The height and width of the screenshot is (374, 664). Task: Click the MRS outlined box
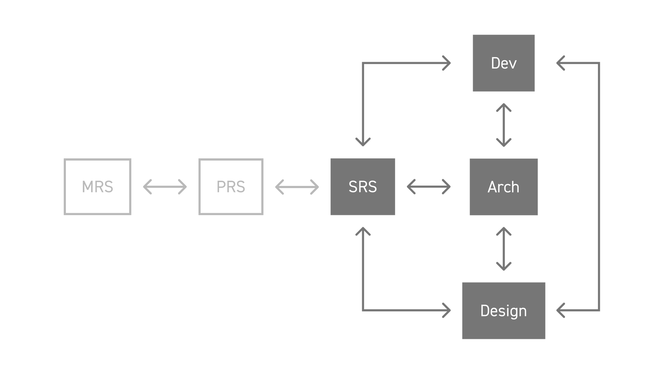pyautogui.click(x=97, y=187)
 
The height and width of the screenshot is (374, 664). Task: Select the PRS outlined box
pyautogui.click(x=231, y=187)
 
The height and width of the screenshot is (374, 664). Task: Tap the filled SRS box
pyautogui.click(x=363, y=187)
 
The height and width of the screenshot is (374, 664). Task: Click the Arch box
pyautogui.click(x=504, y=187)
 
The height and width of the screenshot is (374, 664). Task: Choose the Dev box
pyautogui.click(x=504, y=63)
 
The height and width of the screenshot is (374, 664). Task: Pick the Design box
pyautogui.click(x=504, y=311)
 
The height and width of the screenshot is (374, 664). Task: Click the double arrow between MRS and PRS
pyautogui.click(x=165, y=187)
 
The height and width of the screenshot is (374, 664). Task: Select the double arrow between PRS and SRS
pyautogui.click(x=297, y=187)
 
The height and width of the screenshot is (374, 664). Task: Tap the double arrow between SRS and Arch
pyautogui.click(x=428, y=187)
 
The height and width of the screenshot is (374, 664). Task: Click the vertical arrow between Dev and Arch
pyautogui.click(x=504, y=125)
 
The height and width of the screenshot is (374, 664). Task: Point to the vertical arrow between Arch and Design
pyautogui.click(x=504, y=249)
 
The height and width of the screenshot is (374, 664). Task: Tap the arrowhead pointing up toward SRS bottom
pyautogui.click(x=363, y=231)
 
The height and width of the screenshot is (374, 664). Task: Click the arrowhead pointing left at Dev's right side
pyautogui.click(x=560, y=63)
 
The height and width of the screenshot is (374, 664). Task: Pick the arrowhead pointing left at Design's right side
pyautogui.click(x=560, y=310)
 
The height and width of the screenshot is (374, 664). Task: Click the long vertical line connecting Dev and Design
pyautogui.click(x=599, y=186)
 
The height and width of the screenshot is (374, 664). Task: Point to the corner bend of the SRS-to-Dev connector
pyautogui.click(x=363, y=63)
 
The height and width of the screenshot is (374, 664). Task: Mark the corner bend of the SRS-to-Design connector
pyautogui.click(x=363, y=310)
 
